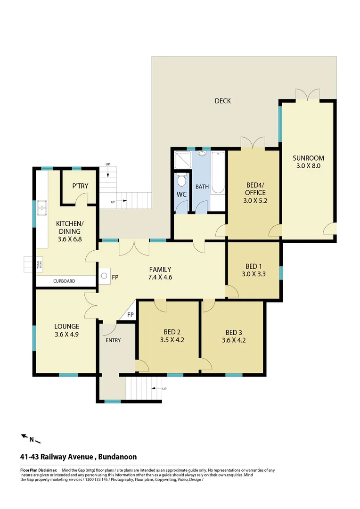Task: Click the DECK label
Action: pos(222,101)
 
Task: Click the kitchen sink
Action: pos(41,205)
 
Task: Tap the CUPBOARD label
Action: pos(64,281)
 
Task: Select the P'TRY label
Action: pos(80,186)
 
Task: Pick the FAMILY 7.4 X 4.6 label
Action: pos(160,273)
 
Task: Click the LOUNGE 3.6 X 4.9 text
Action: pos(66,330)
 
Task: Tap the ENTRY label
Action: pos(113,340)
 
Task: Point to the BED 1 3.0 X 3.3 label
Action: pos(253,269)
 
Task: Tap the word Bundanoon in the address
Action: pos(118,457)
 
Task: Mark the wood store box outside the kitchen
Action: pos(32,264)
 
